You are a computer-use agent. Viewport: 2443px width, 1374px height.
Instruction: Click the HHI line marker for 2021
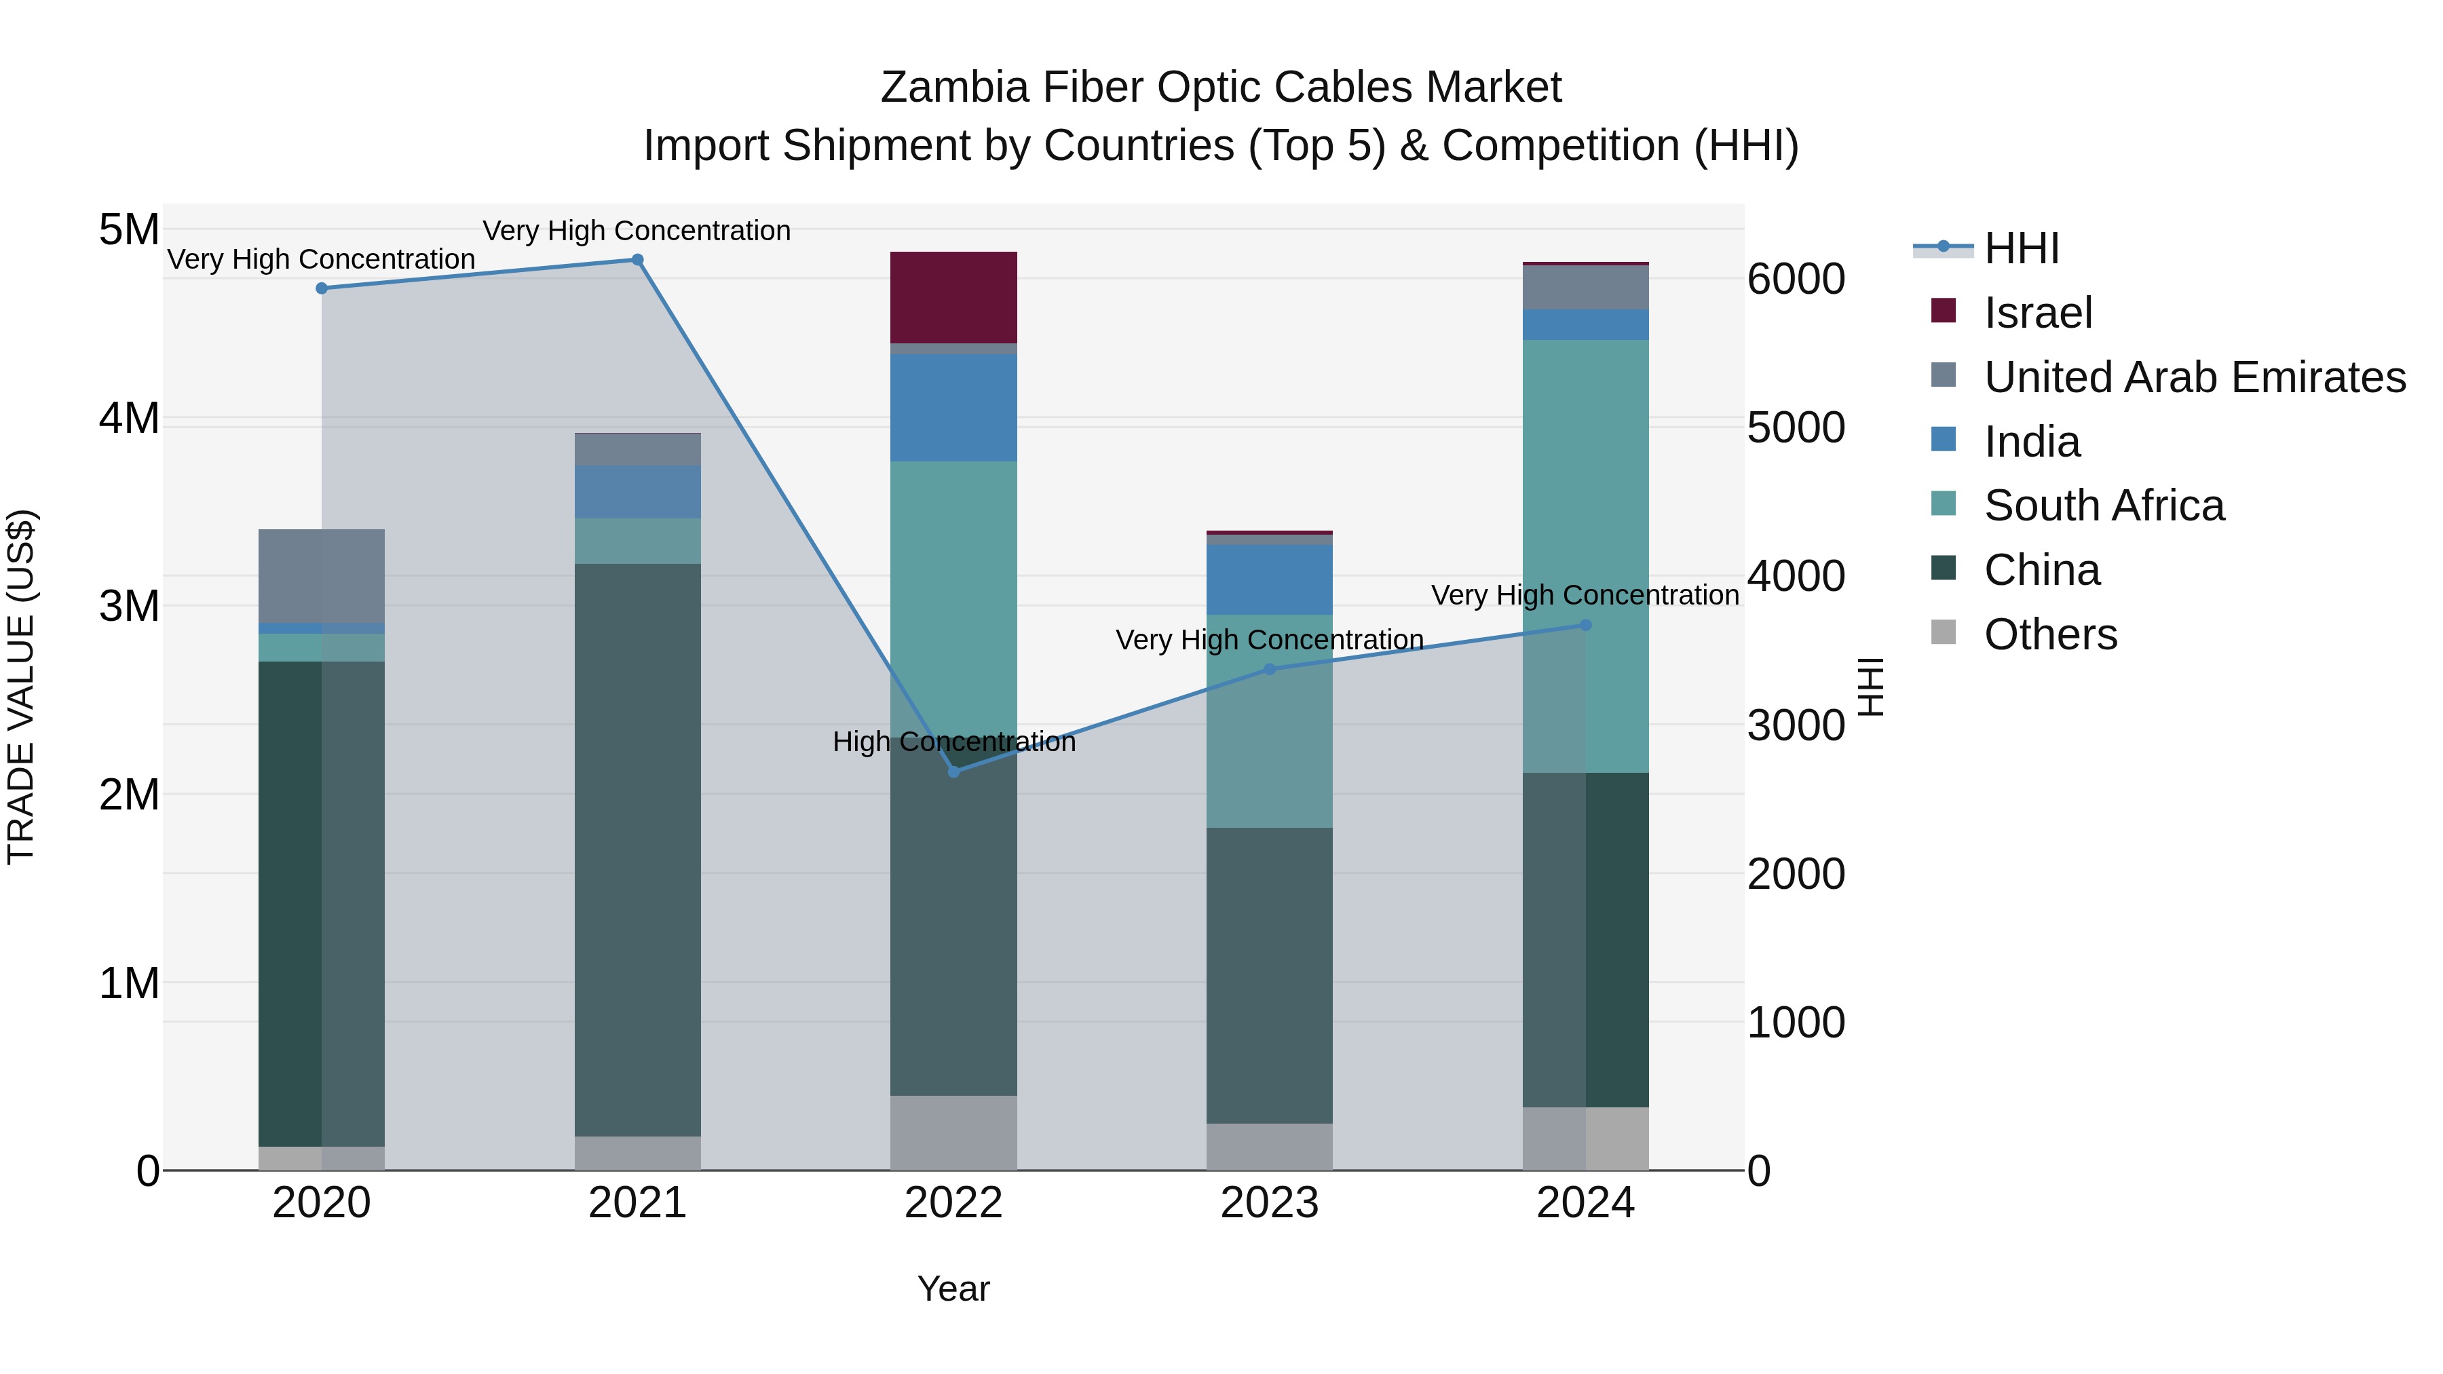coord(637,260)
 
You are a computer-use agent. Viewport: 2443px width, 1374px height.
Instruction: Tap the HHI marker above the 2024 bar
coord(1586,625)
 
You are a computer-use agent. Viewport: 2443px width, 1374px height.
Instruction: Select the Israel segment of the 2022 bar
coord(953,297)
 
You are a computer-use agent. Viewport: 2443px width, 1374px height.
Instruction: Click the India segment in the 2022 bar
coord(953,408)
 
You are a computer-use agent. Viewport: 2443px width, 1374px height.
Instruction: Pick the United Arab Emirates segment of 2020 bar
coord(322,575)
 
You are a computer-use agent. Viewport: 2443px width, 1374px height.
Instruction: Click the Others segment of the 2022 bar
coord(953,1132)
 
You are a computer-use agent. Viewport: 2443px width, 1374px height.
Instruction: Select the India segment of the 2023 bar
coord(1269,579)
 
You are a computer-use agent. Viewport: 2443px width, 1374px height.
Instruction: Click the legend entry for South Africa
coord(2104,505)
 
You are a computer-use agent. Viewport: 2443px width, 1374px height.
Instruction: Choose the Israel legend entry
coord(2038,313)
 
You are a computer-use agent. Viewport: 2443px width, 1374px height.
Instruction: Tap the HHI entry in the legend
coord(2021,248)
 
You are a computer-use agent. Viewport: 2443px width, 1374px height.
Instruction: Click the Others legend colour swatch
coord(1944,632)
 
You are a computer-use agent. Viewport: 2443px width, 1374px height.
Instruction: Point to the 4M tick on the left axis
coord(129,418)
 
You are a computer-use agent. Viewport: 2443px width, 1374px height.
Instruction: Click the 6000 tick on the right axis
coord(1795,279)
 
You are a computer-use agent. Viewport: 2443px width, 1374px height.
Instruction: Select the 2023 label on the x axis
coord(1269,1203)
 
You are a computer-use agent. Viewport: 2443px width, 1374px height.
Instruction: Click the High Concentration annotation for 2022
coord(954,742)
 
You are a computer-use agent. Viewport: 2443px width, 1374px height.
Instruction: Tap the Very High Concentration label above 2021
coord(637,231)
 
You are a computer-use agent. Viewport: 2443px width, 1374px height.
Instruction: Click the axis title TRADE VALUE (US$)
coord(21,687)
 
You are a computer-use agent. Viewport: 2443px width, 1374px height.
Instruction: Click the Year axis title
coord(953,1289)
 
